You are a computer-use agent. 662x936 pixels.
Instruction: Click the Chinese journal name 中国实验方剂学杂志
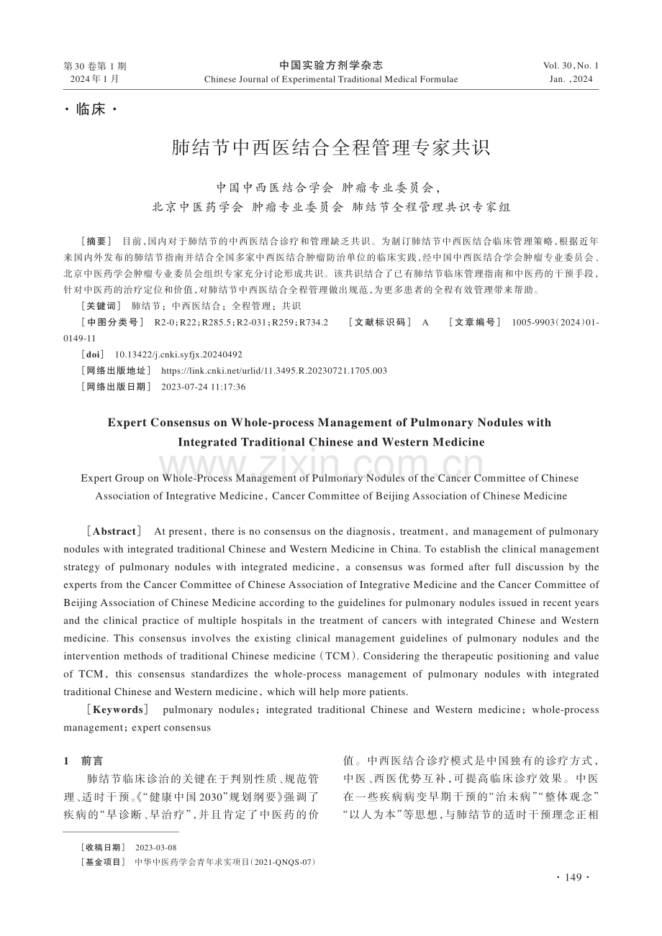pyautogui.click(x=331, y=65)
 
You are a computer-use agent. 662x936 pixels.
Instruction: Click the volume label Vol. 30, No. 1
pyautogui.click(x=571, y=65)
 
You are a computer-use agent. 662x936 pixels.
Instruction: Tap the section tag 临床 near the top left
pyautogui.click(x=91, y=110)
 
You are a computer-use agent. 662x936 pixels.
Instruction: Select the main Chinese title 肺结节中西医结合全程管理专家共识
pyautogui.click(x=331, y=148)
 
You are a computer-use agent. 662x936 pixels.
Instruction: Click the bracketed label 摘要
pyautogui.click(x=98, y=241)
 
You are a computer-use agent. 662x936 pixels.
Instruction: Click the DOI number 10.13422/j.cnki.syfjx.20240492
pyautogui.click(x=178, y=354)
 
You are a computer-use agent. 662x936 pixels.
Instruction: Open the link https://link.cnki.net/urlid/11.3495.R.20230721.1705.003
pyautogui.click(x=274, y=371)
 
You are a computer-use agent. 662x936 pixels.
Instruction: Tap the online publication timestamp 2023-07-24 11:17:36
pyautogui.click(x=204, y=387)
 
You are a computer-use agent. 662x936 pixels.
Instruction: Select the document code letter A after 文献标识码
pyautogui.click(x=425, y=322)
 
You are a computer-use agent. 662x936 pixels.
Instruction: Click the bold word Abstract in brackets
pyautogui.click(x=114, y=531)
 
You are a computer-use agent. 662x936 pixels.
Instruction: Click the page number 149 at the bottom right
pyautogui.click(x=573, y=877)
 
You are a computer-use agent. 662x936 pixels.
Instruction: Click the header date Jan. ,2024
pyautogui.click(x=571, y=79)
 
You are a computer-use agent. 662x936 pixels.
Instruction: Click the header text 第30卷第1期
pyautogui.click(x=95, y=65)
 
